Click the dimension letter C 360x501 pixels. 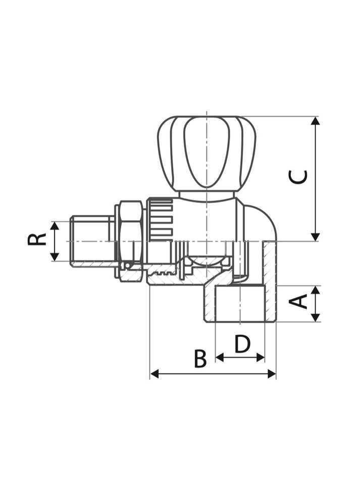(x=298, y=177)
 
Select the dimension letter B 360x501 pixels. (x=200, y=359)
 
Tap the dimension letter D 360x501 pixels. (x=242, y=344)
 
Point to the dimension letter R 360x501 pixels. (x=37, y=239)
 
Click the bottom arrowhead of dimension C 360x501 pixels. (x=316, y=236)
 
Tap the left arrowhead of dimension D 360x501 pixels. (x=220, y=358)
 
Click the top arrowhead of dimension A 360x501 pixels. (x=316, y=290)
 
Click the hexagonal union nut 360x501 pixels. (x=130, y=237)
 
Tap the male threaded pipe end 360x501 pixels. (x=91, y=241)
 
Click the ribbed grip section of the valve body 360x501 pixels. (x=161, y=219)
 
